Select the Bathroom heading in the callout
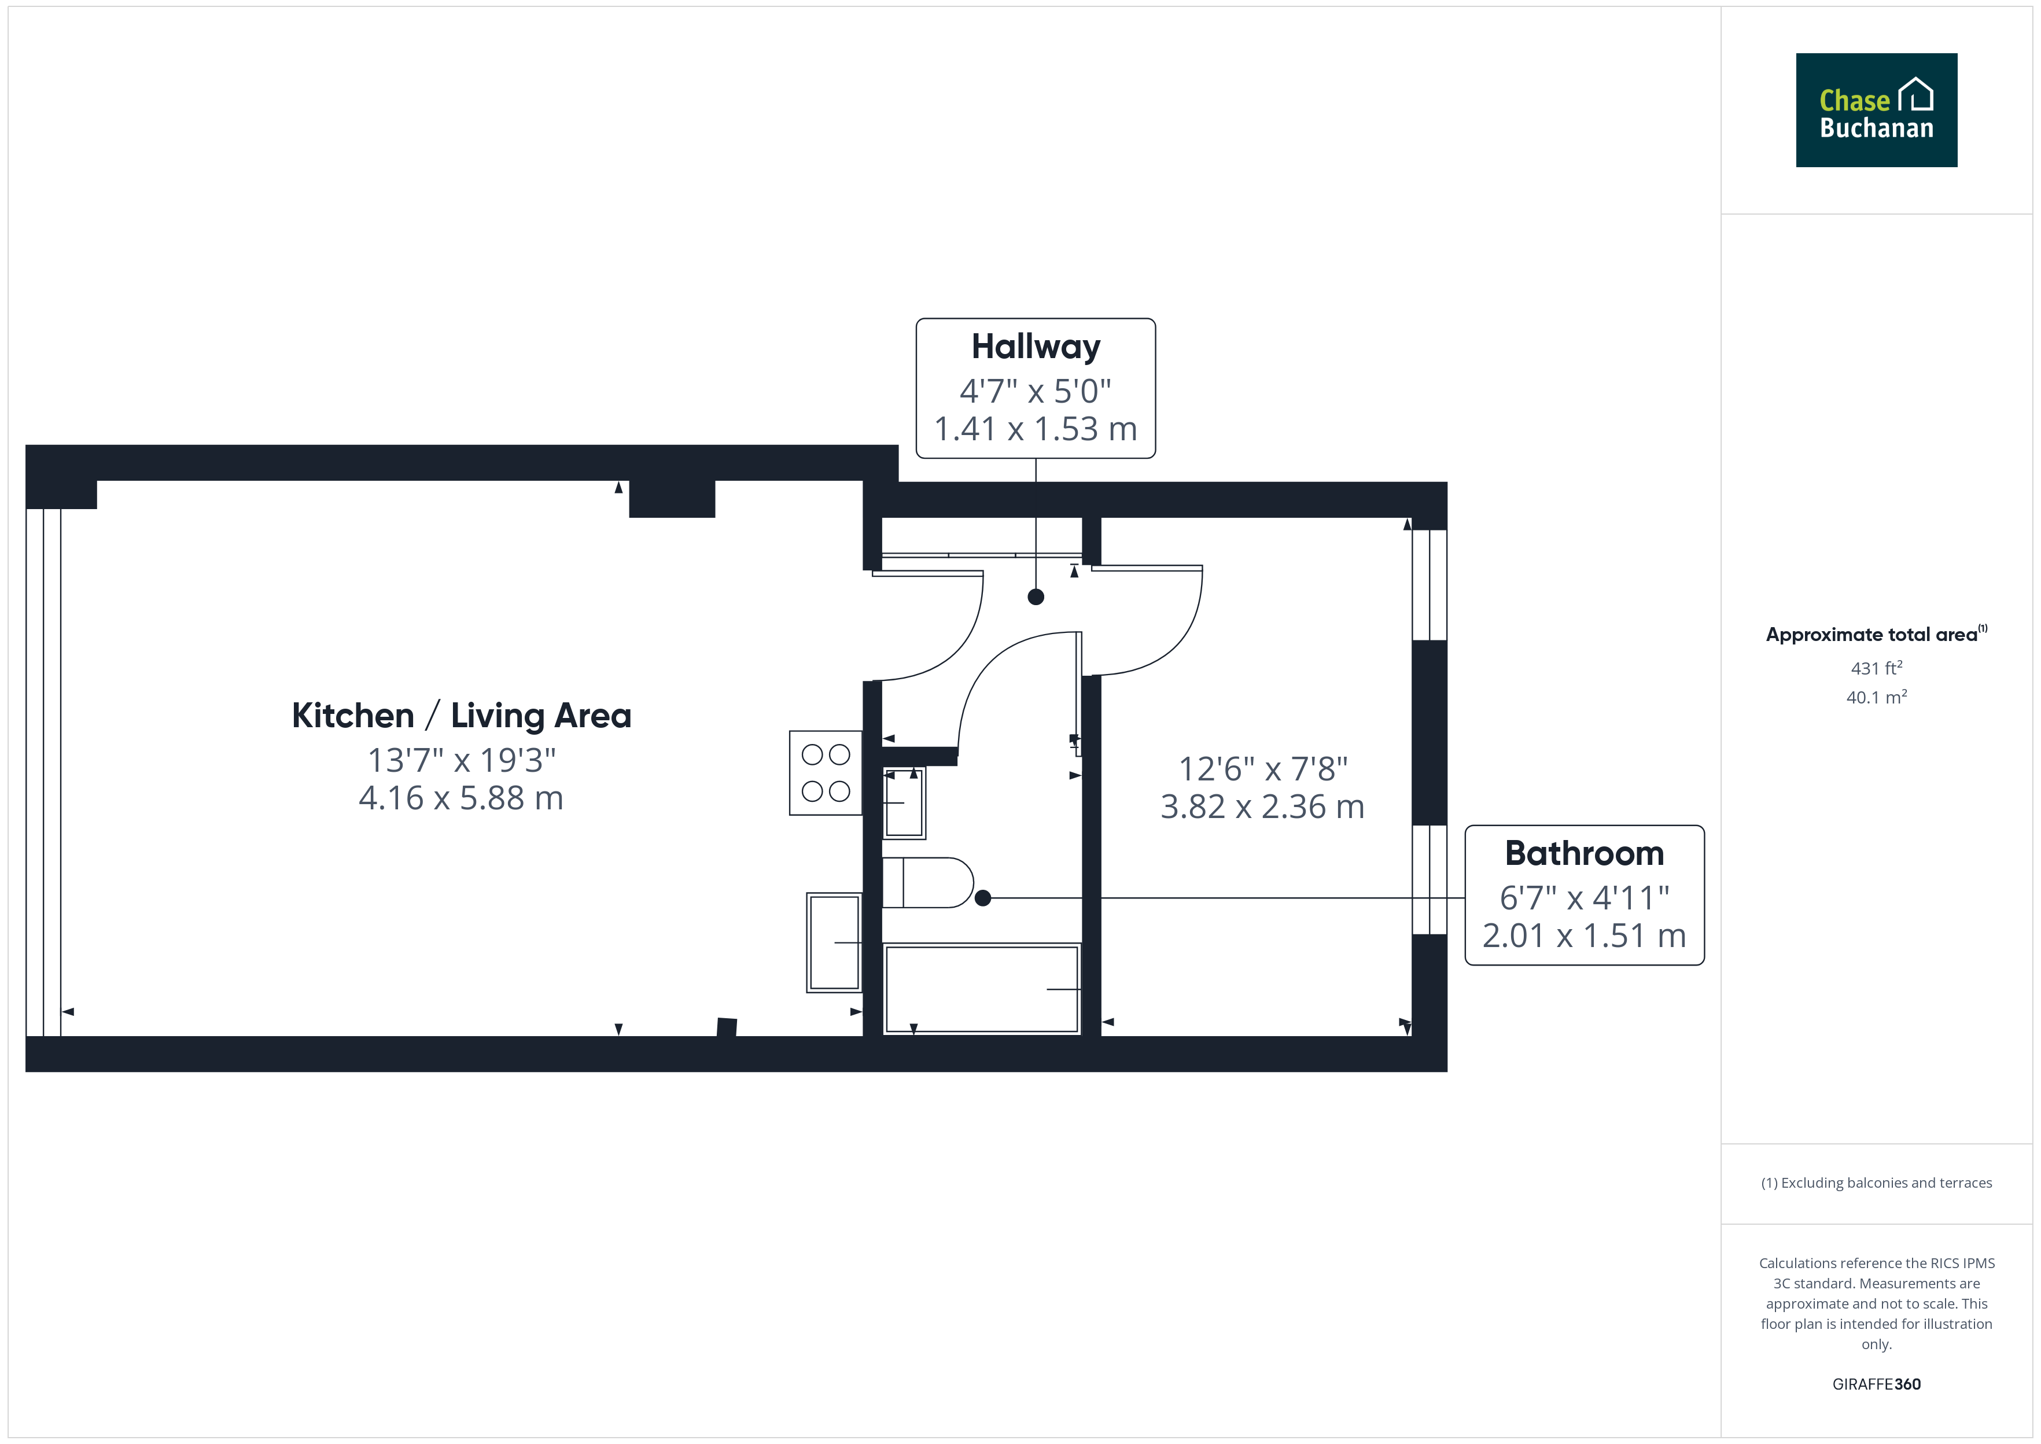pos(1584,853)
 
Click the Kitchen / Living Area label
pos(461,716)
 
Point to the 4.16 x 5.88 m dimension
pos(461,798)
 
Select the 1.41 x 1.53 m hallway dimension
pos(1036,429)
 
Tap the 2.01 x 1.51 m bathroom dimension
pos(1584,936)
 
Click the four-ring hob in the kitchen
pos(826,773)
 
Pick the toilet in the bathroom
pos(928,883)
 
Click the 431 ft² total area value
pos(1877,668)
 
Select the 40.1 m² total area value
pos(1877,697)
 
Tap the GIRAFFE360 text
pos(1877,1384)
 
